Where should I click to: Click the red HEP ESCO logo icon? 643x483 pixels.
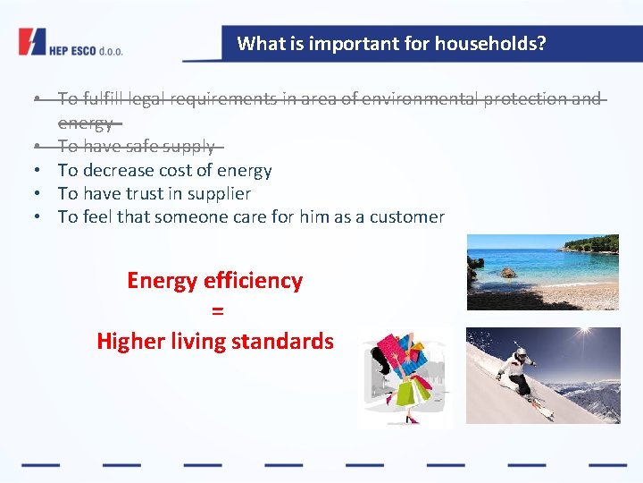pos(31,42)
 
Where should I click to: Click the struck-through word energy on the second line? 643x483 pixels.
pos(86,123)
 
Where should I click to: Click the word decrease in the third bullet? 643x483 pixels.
pos(124,170)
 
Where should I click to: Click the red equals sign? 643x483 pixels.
pos(215,310)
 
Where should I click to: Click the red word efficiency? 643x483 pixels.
pos(253,281)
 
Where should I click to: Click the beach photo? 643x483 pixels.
pos(542,272)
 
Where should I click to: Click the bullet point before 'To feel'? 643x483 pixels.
pos(40,216)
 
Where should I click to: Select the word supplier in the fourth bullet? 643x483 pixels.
pos(217,193)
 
